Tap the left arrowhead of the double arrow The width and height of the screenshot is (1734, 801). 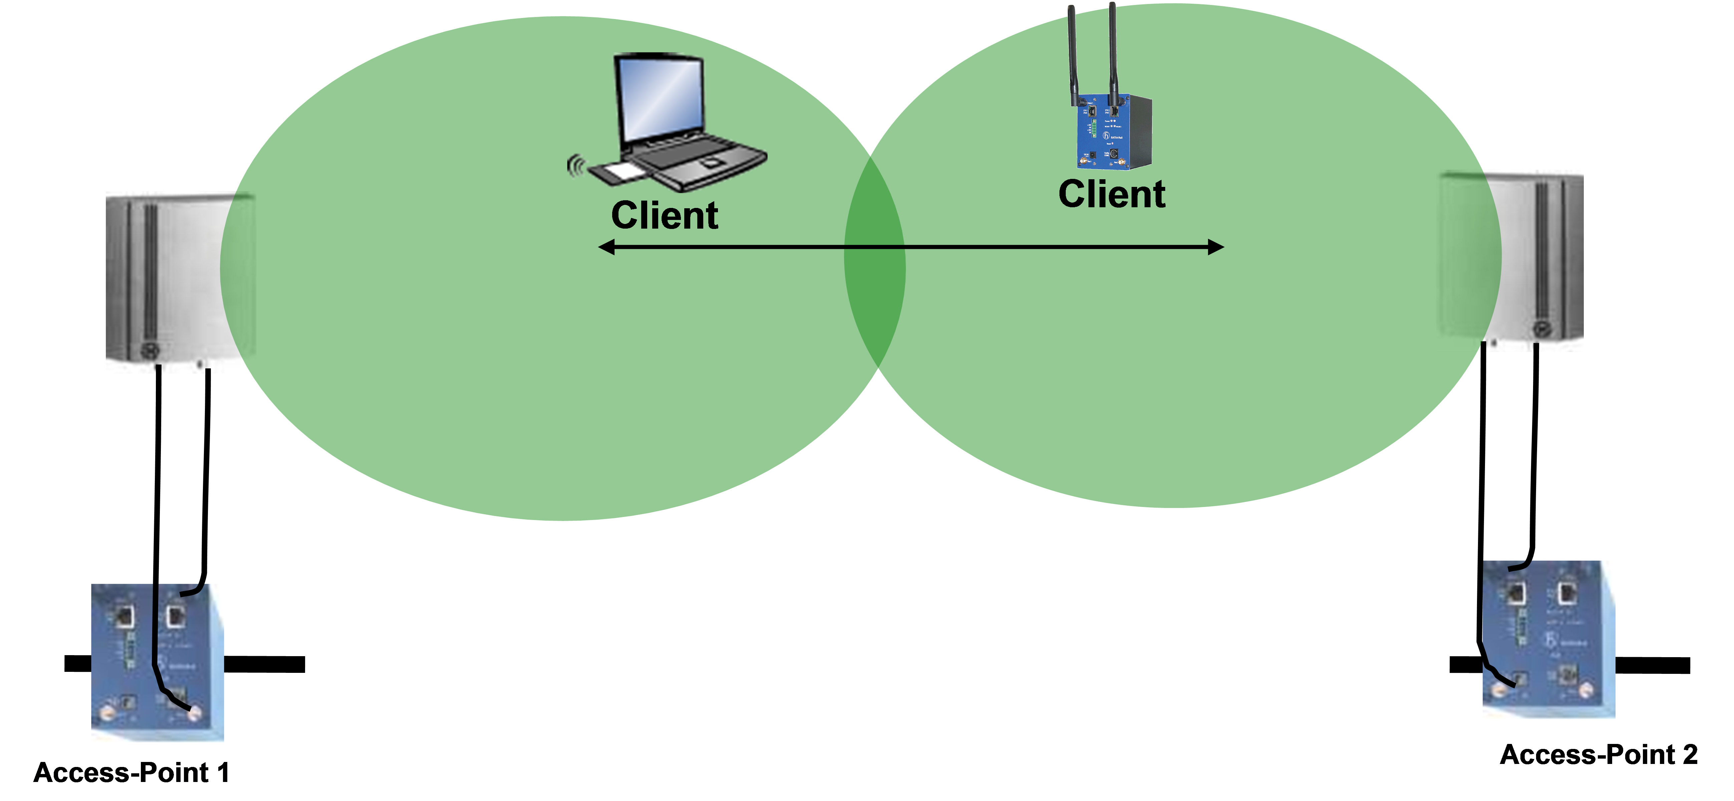[606, 247]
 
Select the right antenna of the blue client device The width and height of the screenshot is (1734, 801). [1113, 50]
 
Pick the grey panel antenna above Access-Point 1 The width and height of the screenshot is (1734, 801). [172, 276]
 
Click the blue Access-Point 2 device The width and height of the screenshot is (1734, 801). [1548, 639]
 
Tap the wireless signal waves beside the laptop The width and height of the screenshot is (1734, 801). [574, 165]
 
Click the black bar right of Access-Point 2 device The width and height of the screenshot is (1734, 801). [1653, 665]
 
